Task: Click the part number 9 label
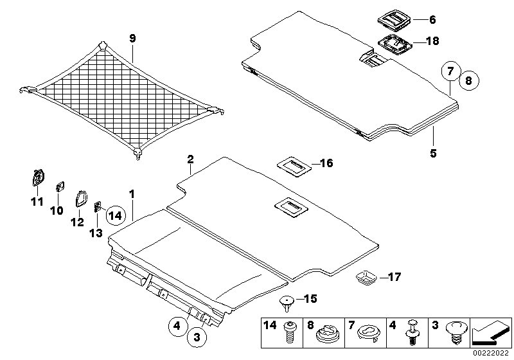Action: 132,39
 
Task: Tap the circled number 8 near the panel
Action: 468,81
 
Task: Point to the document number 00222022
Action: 492,353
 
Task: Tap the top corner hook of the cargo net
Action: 104,47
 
